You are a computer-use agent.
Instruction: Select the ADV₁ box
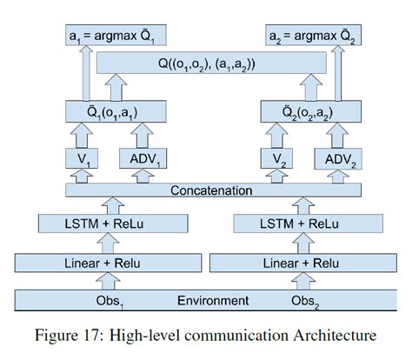point(148,159)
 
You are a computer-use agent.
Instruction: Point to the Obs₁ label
point(116,301)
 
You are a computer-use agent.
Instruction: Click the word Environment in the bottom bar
point(214,301)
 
